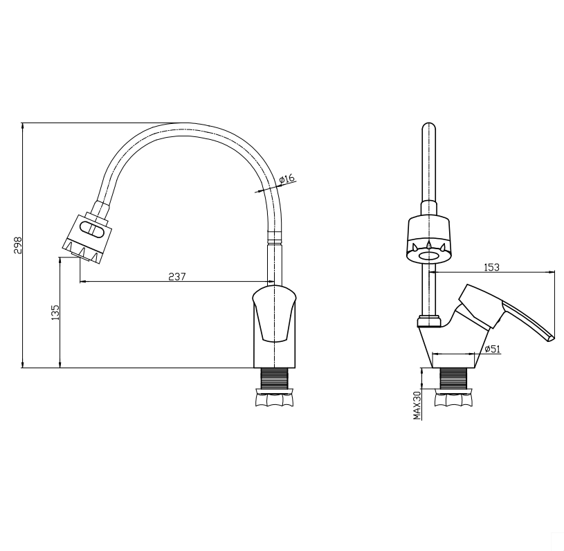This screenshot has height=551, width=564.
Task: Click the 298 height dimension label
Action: click(x=18, y=245)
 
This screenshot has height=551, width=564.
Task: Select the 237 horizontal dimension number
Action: click(x=177, y=276)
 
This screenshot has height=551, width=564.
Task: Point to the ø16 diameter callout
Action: click(x=286, y=179)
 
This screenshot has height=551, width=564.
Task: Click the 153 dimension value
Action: click(x=491, y=267)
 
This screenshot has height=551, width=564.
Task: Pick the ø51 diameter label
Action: click(x=493, y=348)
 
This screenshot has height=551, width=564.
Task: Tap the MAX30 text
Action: click(x=417, y=405)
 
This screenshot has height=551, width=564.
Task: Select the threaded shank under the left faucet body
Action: click(x=274, y=378)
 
